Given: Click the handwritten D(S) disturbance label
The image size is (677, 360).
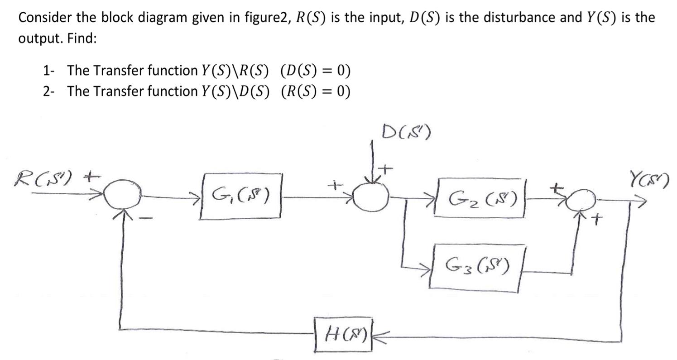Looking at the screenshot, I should point(406,132).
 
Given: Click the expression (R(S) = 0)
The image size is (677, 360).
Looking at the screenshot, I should point(316,91).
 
